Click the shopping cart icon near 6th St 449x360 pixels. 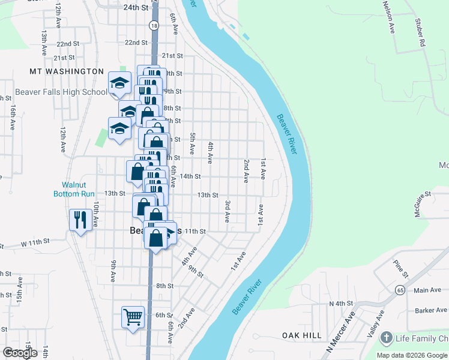[x=133, y=316]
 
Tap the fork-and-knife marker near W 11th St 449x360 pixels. [x=79, y=219]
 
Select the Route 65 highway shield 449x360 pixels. [x=399, y=290]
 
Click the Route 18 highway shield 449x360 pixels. [x=154, y=26]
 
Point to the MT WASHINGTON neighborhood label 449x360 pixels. [x=67, y=71]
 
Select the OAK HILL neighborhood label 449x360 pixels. [x=302, y=335]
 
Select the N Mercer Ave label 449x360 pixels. [x=340, y=332]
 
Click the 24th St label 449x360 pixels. [x=135, y=8]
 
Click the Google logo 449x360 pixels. [x=20, y=353]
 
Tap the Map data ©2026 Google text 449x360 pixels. [x=412, y=355]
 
